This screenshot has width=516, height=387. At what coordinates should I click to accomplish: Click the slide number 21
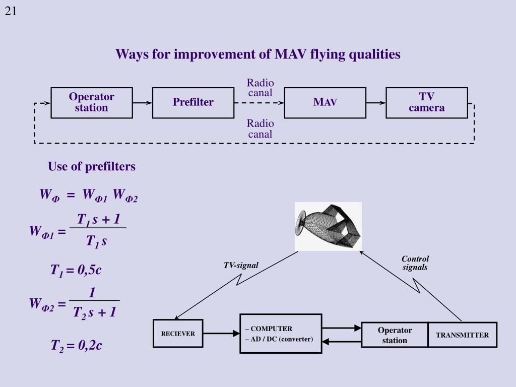click(11, 11)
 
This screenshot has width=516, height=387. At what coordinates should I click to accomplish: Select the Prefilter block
click(193, 103)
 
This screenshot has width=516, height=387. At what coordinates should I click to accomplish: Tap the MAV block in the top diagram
click(325, 103)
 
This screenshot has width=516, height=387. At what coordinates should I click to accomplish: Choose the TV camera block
click(426, 103)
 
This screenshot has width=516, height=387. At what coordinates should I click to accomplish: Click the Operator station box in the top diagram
click(91, 103)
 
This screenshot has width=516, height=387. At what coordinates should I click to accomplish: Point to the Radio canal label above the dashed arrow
click(260, 88)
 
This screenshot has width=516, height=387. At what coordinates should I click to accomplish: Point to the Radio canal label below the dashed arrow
click(260, 129)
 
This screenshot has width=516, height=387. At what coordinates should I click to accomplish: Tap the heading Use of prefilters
click(92, 166)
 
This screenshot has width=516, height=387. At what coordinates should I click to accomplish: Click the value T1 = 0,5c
click(76, 270)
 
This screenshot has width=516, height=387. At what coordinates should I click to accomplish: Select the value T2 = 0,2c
click(76, 346)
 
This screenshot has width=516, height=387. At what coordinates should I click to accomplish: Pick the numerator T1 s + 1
click(98, 220)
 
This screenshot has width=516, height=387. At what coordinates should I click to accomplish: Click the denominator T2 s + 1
click(94, 312)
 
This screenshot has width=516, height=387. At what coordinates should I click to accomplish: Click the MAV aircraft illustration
click(328, 226)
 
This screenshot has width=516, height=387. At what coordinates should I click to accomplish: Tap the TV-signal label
click(241, 266)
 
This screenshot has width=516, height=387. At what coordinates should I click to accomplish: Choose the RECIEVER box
click(178, 334)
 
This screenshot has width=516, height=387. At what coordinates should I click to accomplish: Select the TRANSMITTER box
click(462, 335)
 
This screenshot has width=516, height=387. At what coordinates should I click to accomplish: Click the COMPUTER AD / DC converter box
click(280, 334)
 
